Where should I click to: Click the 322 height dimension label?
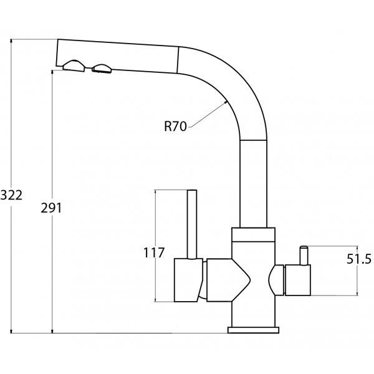click(x=11, y=195)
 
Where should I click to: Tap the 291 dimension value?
click(x=51, y=208)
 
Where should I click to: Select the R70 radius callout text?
click(x=175, y=126)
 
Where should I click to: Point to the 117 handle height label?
click(x=154, y=252)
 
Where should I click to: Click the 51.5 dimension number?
click(x=359, y=259)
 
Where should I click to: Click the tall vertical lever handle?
click(x=192, y=224)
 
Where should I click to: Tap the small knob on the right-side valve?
click(x=304, y=255)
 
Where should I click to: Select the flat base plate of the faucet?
click(x=253, y=330)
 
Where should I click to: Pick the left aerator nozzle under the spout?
click(x=74, y=66)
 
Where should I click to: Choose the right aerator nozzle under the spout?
click(x=102, y=69)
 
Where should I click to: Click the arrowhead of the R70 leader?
click(x=226, y=102)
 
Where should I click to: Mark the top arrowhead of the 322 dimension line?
click(x=11, y=41)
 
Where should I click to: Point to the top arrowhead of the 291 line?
click(x=52, y=72)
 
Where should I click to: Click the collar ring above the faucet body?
click(x=253, y=235)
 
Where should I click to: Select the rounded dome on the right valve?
click(x=276, y=280)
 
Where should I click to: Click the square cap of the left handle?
click(x=188, y=280)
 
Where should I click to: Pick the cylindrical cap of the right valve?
click(x=298, y=280)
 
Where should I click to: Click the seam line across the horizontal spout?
click(x=178, y=60)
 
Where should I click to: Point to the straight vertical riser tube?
click(x=253, y=184)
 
